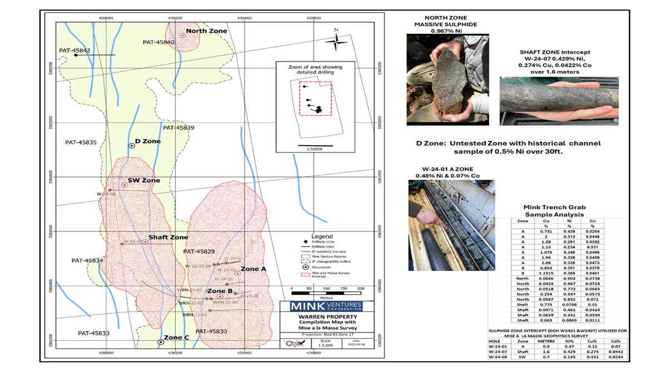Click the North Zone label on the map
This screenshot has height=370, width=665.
click(x=206, y=31)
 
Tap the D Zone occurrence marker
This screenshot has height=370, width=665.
click(x=132, y=146)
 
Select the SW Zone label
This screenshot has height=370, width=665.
click(x=143, y=180)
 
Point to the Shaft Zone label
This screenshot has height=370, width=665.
click(x=168, y=237)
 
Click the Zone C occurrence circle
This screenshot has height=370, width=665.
click(x=161, y=342)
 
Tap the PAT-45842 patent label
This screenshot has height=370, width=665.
click(x=74, y=51)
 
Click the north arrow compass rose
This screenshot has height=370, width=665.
click(x=336, y=41)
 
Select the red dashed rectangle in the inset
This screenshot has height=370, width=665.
click(x=315, y=98)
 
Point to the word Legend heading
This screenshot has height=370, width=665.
click(x=322, y=236)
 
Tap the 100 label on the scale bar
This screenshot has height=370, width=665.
click(x=326, y=289)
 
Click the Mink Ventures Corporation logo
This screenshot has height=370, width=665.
click(x=326, y=306)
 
